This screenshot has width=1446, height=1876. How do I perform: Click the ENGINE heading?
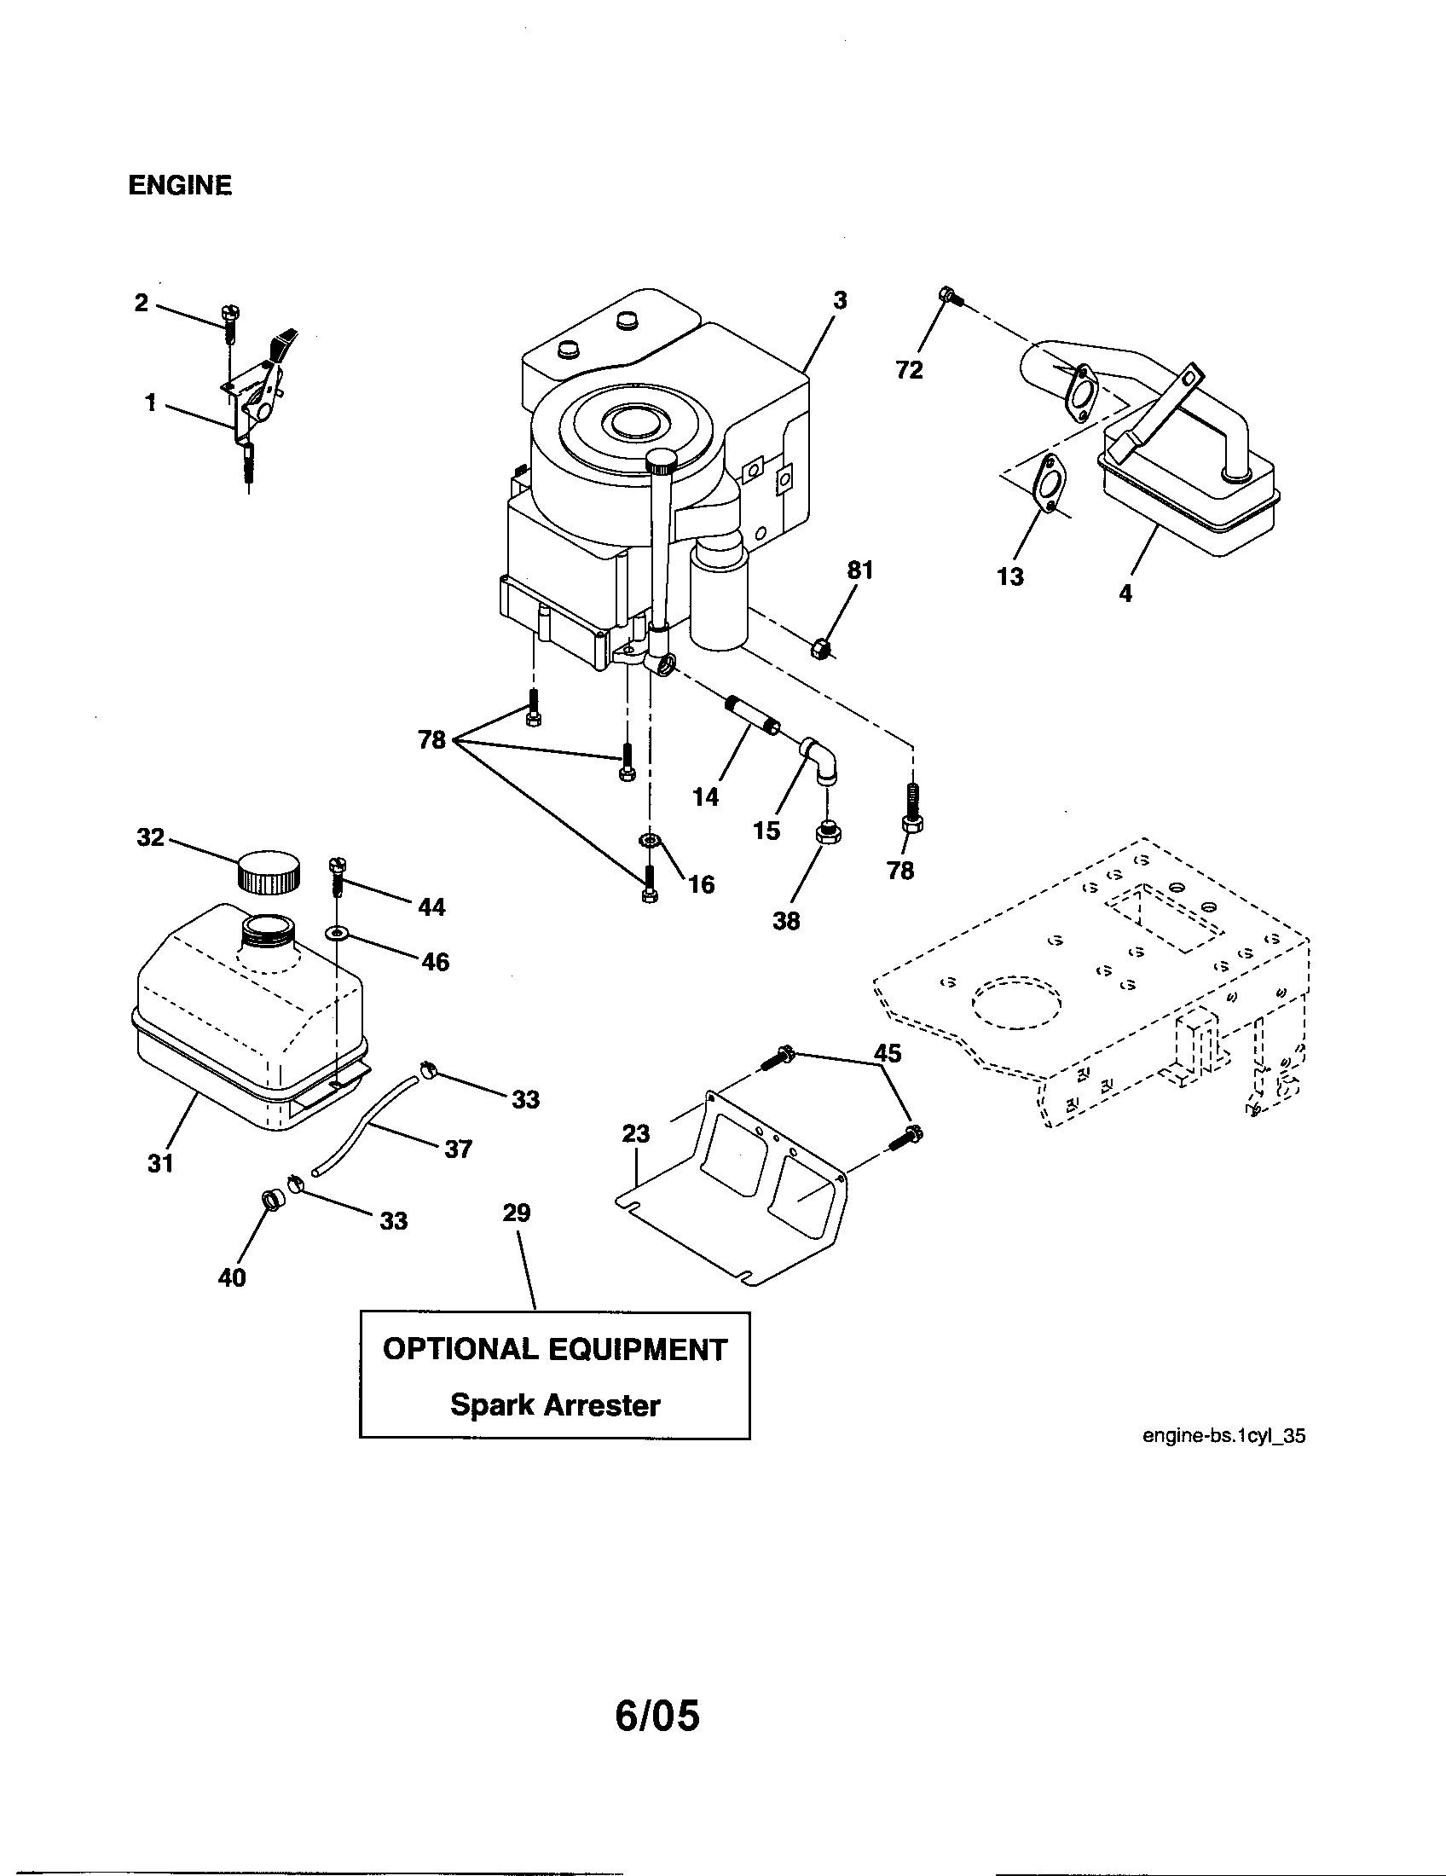(179, 186)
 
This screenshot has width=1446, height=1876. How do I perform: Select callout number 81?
(859, 570)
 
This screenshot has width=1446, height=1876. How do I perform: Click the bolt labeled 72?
(951, 298)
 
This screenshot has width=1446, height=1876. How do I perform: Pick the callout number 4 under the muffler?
(1125, 593)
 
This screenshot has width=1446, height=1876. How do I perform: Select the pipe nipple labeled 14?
(753, 715)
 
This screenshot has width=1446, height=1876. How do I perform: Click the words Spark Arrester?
(555, 1405)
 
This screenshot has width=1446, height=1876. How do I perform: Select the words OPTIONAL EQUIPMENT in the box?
(555, 1350)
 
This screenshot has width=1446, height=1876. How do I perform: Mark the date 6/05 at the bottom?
(656, 1692)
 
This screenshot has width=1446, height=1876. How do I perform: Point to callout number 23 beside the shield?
(636, 1134)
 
